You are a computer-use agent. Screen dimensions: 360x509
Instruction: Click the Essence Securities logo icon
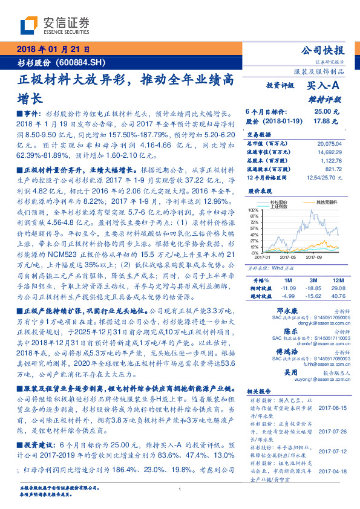click(x=28, y=26)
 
